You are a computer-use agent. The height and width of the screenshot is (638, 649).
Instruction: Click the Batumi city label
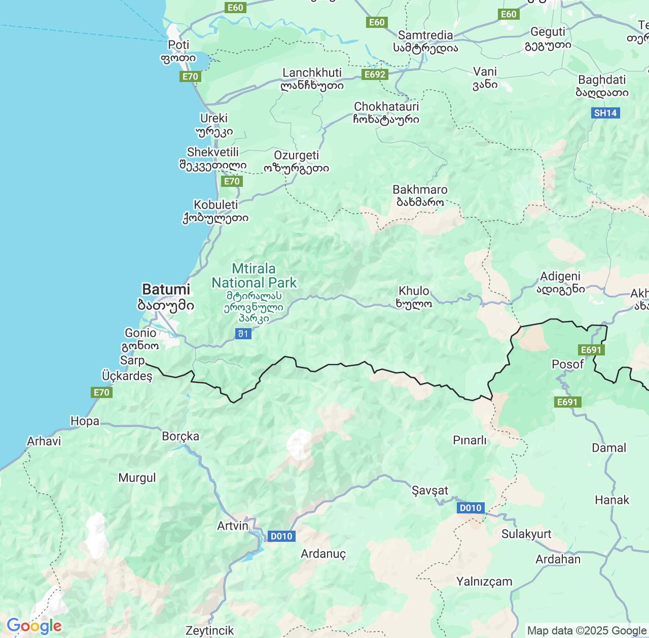point(166,290)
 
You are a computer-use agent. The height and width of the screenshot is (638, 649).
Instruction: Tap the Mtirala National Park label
point(254,276)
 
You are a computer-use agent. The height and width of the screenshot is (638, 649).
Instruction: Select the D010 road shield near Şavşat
point(471,508)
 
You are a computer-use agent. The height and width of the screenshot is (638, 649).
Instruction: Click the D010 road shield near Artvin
point(281,536)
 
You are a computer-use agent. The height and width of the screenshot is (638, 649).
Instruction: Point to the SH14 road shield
point(605,113)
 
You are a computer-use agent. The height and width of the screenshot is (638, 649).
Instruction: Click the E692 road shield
point(375,74)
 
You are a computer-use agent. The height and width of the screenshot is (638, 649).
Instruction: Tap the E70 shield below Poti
point(190,76)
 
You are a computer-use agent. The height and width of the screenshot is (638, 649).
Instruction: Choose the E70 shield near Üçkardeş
point(101,392)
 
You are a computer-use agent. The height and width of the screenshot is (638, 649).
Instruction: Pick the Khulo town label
point(414,291)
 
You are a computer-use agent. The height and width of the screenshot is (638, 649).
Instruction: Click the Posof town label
point(567,364)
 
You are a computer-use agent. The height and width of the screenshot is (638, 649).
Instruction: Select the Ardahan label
point(558,559)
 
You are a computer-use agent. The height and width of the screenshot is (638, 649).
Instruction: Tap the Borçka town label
point(181,436)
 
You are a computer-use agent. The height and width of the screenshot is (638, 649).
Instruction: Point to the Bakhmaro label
point(420,190)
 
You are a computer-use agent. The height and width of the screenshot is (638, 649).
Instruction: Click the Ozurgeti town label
point(296,155)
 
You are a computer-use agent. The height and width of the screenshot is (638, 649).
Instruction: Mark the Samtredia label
point(425,35)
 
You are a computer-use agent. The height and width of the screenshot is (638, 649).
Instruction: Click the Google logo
point(33,626)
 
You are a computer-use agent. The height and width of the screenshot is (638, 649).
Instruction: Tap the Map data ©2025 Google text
point(587,630)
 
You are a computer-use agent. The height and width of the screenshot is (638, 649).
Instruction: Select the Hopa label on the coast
point(85,421)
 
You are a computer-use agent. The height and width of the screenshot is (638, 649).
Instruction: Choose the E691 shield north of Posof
point(591,349)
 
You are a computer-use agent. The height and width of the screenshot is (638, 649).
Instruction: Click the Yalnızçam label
point(484,581)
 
